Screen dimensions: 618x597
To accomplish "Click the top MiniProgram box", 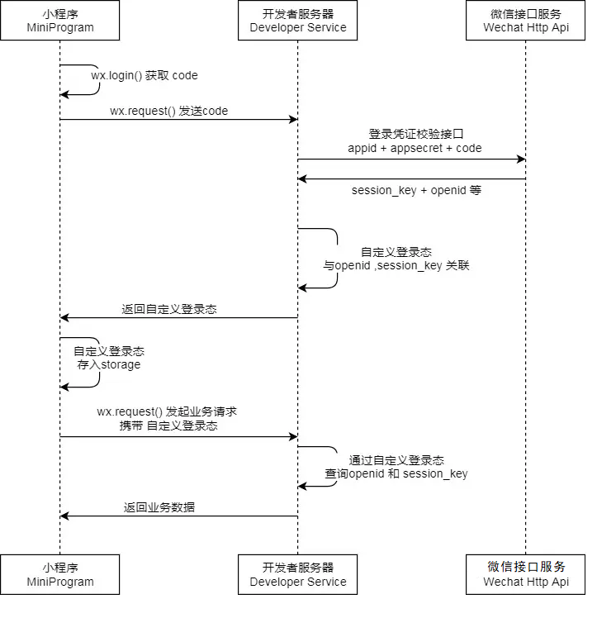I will [x=59, y=21].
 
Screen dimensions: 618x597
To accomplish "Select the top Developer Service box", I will [x=298, y=21].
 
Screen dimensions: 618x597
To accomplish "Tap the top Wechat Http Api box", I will [x=526, y=21].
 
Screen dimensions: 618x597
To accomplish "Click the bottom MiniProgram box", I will [x=59, y=574].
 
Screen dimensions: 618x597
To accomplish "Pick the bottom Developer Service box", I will [x=298, y=574].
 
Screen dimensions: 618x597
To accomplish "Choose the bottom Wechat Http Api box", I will [x=526, y=574].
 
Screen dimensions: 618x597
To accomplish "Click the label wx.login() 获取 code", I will [x=145, y=75].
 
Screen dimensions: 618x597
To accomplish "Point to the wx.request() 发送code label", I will [x=168, y=111].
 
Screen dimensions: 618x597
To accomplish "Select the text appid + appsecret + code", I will [x=415, y=148].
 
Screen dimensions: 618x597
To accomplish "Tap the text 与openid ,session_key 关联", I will [x=396, y=266].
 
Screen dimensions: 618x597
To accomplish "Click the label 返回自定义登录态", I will [x=169, y=309].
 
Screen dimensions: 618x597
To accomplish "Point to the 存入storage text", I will [x=109, y=364].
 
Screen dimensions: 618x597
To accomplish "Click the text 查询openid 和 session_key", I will [x=396, y=473].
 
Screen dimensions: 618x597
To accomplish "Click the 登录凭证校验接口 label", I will [x=415, y=134].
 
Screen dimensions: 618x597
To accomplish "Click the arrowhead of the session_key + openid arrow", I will [x=303, y=178].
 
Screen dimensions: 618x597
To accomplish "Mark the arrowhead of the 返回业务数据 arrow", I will [x=64, y=516].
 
